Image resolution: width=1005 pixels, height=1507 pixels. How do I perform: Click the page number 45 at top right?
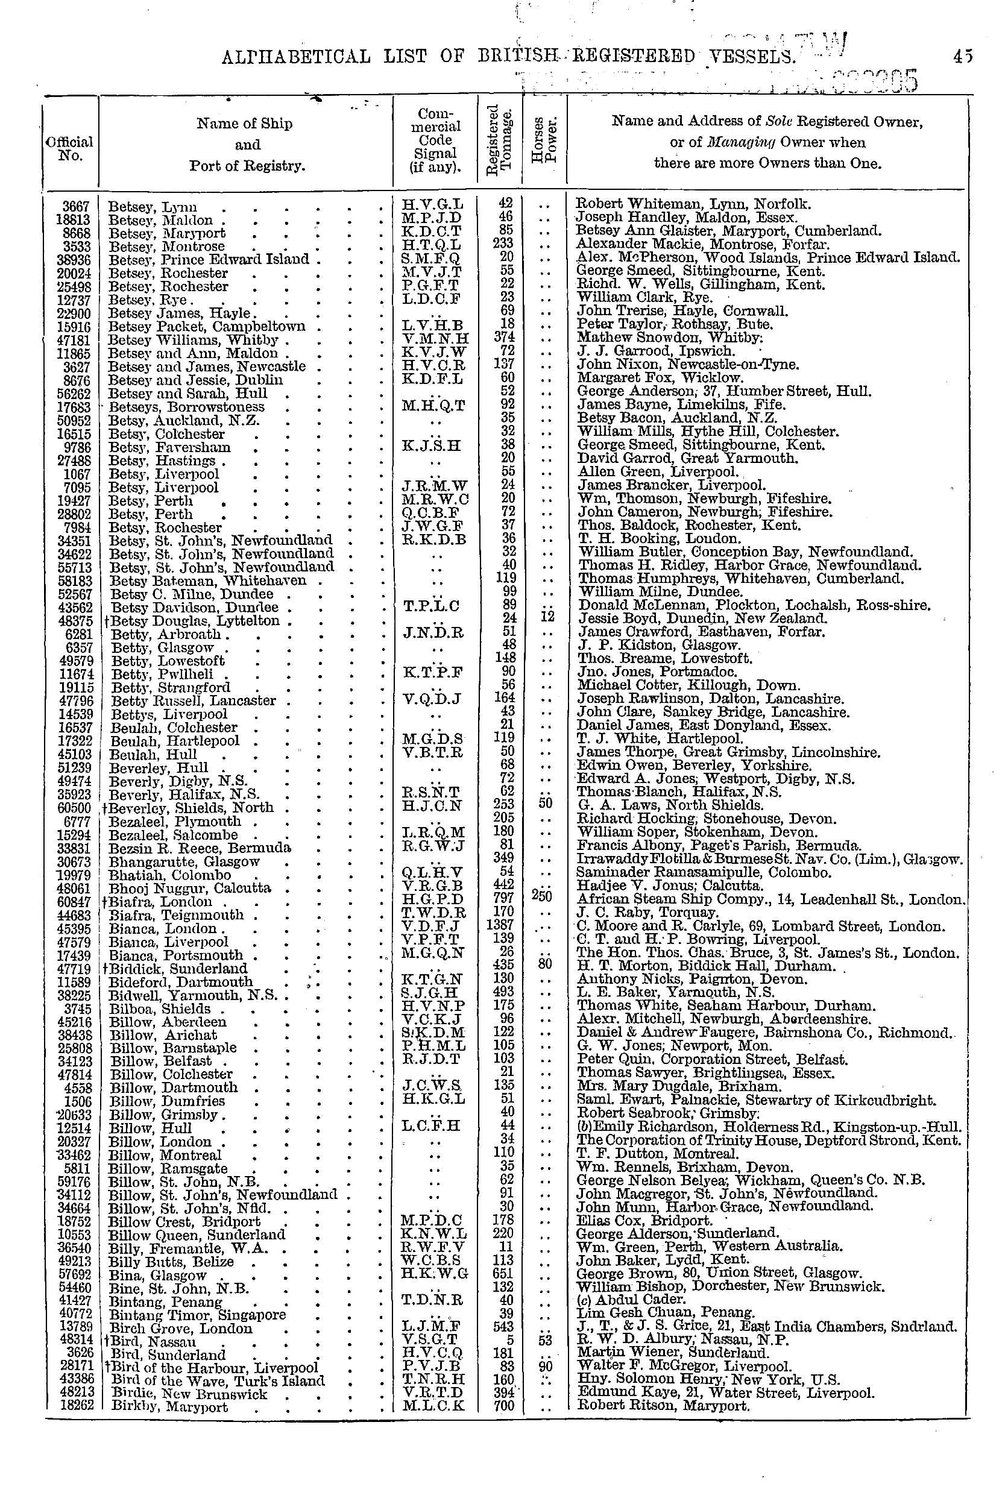962,57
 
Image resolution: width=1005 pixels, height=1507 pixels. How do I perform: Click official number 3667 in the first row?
77,206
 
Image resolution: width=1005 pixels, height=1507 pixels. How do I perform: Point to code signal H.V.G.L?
432,205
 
